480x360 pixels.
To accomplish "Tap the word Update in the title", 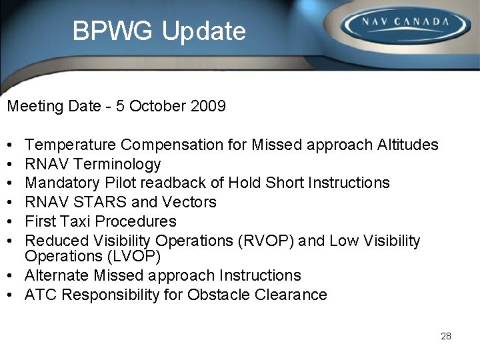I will click(x=204, y=31).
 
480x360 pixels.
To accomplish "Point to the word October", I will click(x=153, y=106).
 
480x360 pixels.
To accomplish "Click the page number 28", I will click(x=446, y=336).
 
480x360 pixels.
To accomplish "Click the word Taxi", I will click(x=71, y=221).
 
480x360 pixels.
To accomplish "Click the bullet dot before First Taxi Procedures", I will click(x=11, y=221).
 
